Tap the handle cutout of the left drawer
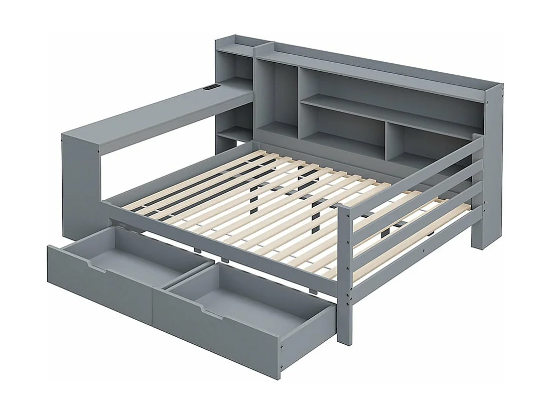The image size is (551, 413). coord(98,265)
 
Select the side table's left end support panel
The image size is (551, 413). coord(80,186)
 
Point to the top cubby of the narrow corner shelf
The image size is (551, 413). coord(236,65)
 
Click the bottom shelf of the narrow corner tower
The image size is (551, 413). coord(233,134)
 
